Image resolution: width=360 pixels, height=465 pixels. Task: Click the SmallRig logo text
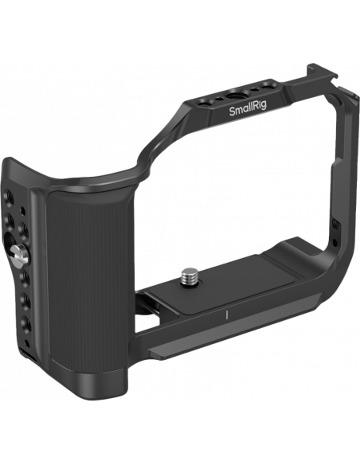point(248,111)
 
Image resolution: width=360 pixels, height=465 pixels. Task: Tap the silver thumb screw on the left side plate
point(20,254)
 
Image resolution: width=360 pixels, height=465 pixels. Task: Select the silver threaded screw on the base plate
point(189,275)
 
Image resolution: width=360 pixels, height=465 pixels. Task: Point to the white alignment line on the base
point(227,315)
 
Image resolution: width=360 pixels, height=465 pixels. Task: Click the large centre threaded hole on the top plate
point(233,95)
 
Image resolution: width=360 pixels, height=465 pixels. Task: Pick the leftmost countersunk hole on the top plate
point(205,104)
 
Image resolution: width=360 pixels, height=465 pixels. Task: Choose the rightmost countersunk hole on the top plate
point(269,86)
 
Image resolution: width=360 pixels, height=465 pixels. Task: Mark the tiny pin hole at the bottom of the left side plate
point(27,343)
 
